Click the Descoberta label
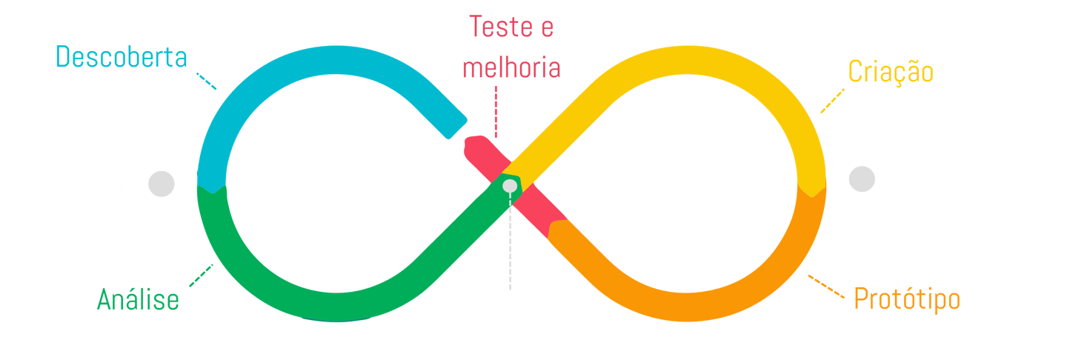[x=122, y=57]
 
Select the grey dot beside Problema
[x=161, y=184]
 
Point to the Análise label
[x=138, y=300]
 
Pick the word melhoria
[x=511, y=68]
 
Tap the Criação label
[x=891, y=73]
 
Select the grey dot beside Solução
[x=862, y=180]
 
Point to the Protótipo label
[x=907, y=299]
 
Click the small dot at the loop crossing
[x=510, y=185]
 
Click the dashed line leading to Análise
[x=201, y=276]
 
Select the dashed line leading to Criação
[x=832, y=101]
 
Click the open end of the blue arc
[x=456, y=126]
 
